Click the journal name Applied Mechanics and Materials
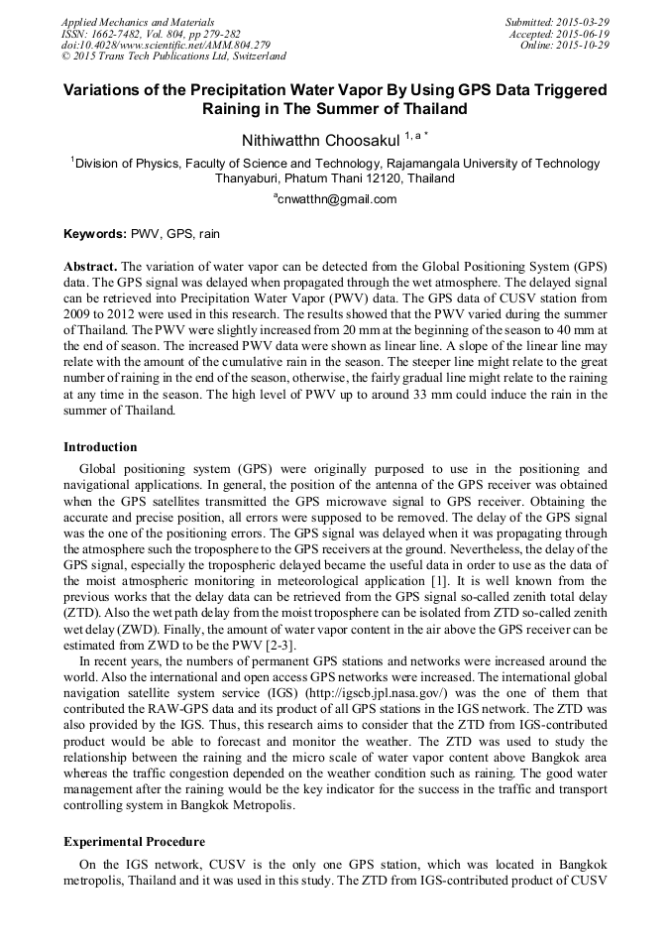point(137,22)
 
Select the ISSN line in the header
point(151,34)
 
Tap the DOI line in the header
point(166,46)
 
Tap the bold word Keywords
point(94,235)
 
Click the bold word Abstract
point(90,268)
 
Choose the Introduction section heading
point(100,446)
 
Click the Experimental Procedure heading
point(134,841)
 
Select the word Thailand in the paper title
point(426,109)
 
